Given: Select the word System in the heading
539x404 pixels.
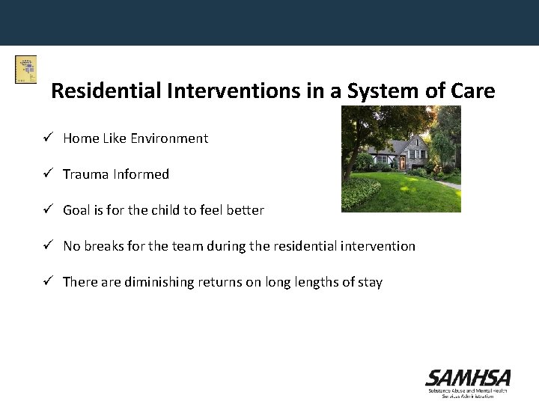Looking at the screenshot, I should [365, 91].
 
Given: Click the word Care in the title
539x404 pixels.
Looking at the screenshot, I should [472, 91].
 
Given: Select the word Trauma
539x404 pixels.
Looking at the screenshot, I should [86, 174].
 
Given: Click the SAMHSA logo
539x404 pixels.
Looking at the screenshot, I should [468, 382].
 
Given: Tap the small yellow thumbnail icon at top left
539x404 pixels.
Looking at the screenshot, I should [25, 70].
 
